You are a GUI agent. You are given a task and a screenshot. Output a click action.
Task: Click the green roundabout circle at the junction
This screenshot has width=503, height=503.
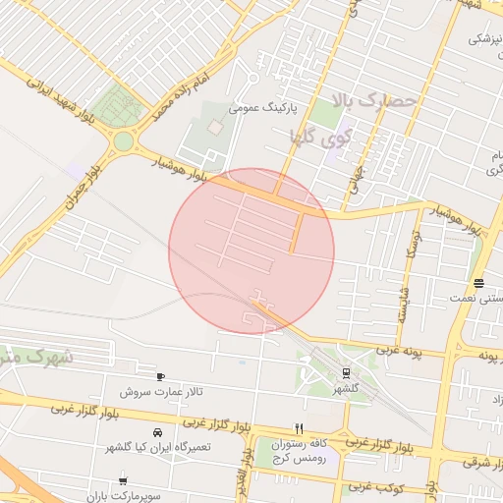point(123,141)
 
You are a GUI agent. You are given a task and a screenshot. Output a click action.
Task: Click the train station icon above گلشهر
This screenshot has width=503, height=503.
point(346,372)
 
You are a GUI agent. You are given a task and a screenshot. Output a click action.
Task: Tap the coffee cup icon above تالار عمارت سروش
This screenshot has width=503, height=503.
point(161,376)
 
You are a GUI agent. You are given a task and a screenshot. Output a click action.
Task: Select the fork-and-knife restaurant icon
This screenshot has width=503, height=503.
point(299,428)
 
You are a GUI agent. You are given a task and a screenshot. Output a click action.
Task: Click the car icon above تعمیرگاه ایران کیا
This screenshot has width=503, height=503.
point(157,432)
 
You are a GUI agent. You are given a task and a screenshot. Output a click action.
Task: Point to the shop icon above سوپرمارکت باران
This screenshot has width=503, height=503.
point(123,480)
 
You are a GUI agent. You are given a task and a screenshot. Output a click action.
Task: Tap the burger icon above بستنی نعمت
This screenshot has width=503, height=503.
point(478,284)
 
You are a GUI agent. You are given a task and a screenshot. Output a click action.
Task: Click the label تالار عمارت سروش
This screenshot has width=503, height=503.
point(161,392)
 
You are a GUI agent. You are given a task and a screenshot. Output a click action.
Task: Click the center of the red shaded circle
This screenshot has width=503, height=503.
point(251,251)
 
